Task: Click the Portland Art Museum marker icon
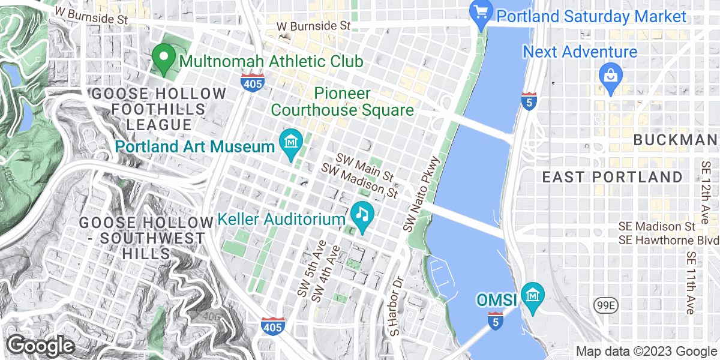[x=291, y=143]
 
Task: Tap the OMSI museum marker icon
[x=532, y=296]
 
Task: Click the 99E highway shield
[x=603, y=306]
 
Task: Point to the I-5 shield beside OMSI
[x=494, y=320]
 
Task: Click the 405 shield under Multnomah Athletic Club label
[x=253, y=83]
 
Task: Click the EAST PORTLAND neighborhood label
[x=612, y=177]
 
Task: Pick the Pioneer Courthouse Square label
[x=342, y=102]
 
